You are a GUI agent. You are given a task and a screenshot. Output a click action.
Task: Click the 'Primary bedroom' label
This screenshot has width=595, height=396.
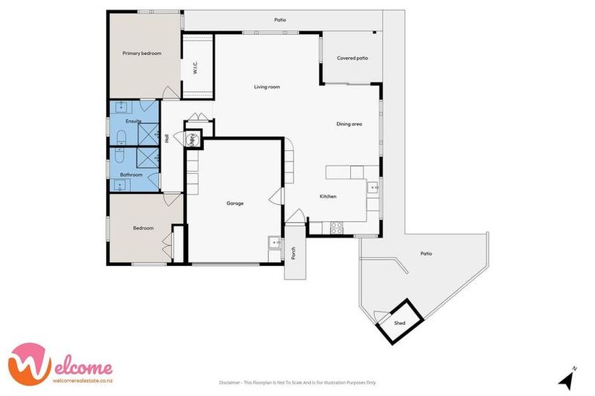142,53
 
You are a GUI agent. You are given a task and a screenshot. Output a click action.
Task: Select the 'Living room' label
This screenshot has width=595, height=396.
267,87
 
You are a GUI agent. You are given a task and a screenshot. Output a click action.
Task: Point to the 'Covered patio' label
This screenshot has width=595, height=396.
352,59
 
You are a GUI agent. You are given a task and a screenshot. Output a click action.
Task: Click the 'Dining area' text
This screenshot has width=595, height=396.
349,124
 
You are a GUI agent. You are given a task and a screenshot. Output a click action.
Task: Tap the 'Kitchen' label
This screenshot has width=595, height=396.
328,196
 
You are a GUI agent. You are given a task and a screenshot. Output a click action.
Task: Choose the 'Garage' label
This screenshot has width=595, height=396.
235,203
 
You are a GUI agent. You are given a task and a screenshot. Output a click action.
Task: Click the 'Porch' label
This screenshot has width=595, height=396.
294,253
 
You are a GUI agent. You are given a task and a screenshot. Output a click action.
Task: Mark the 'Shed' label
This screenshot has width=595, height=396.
400,323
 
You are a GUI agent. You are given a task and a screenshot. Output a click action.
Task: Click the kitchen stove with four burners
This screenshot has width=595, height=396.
337,227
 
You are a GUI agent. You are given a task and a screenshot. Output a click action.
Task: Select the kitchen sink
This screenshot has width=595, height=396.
372,186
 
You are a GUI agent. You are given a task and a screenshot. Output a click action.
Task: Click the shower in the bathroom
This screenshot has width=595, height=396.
144,159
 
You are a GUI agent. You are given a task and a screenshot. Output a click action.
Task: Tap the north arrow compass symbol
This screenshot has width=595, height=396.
567,378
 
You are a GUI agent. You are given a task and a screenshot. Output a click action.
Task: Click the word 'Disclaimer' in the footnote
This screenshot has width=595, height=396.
230,382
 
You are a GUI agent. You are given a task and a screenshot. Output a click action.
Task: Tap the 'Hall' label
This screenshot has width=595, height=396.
167,138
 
